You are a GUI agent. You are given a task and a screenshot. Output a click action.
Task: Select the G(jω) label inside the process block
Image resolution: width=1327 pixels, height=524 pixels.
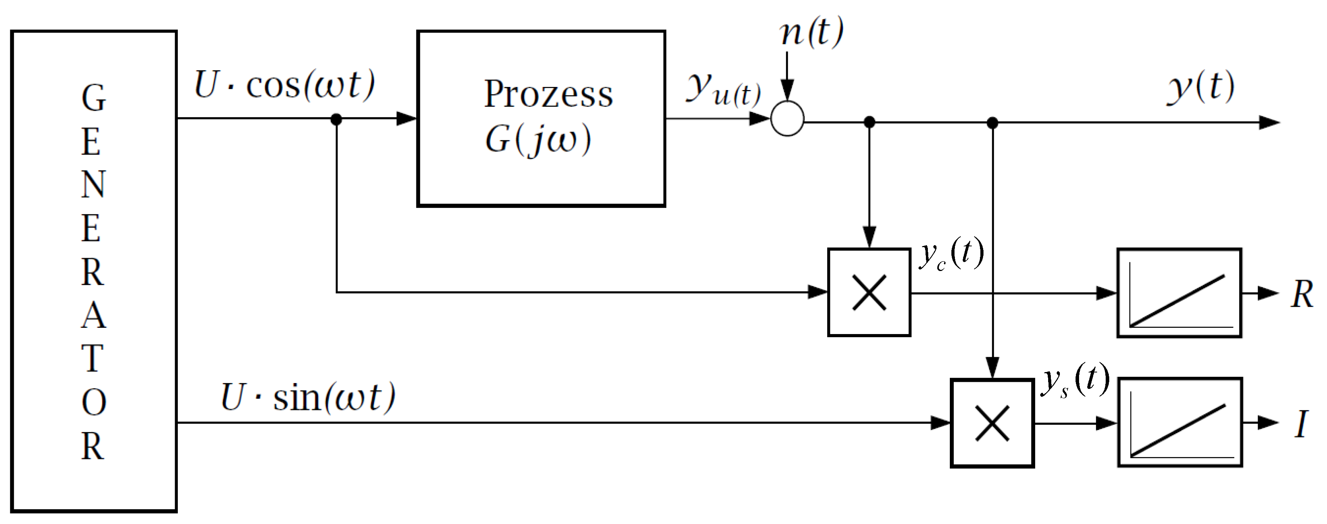coord(538,139)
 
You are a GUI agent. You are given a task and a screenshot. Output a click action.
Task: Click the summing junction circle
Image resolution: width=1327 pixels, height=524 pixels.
coord(787,119)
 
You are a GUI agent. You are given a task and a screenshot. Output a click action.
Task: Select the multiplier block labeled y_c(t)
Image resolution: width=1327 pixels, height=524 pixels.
coord(869,293)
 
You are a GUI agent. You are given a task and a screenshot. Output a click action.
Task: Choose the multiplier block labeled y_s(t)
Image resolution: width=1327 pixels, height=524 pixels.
coord(992,423)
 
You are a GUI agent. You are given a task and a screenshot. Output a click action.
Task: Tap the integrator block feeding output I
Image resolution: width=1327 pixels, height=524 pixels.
coord(1180,423)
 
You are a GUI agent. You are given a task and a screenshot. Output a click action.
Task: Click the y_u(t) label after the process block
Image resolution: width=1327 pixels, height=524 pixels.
coord(723,90)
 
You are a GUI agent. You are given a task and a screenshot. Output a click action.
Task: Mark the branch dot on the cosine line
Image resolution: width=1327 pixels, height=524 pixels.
coord(336,119)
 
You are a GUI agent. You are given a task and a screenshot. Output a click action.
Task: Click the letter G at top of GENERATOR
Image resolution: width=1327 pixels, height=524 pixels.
coord(93,98)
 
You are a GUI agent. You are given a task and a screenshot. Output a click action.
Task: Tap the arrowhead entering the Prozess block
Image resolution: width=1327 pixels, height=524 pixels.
coord(407,119)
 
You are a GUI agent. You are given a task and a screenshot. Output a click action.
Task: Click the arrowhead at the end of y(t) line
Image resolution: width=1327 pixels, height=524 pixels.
coord(1269,123)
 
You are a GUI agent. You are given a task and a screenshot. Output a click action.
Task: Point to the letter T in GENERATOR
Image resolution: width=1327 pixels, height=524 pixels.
coord(93,358)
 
